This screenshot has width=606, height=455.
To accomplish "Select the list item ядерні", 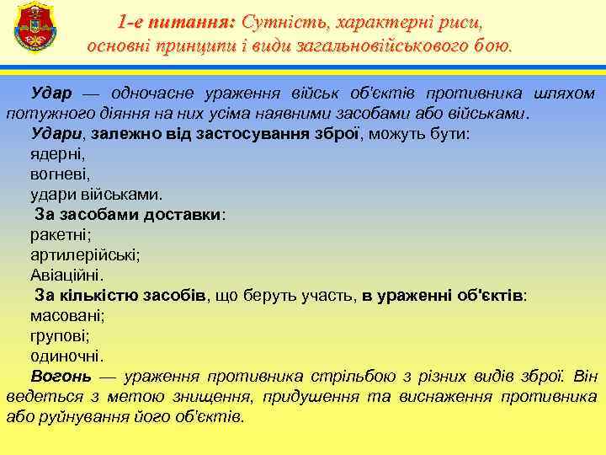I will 58,153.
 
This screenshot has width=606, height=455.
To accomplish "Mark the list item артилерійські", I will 85,254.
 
